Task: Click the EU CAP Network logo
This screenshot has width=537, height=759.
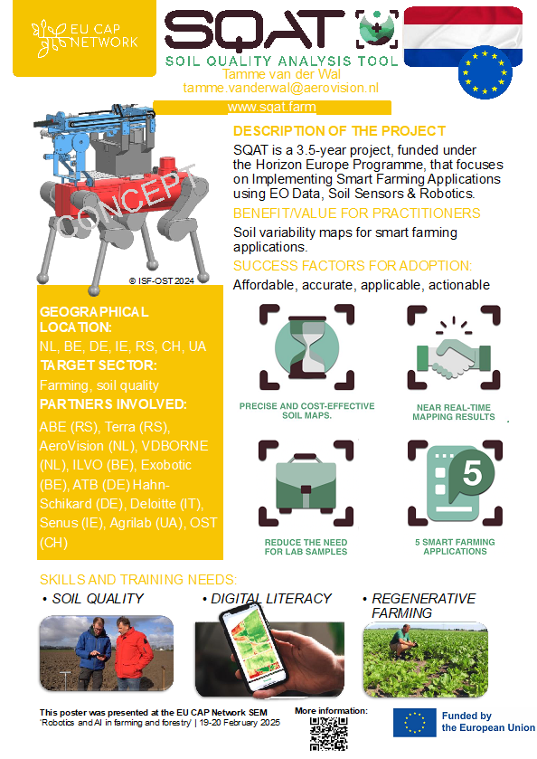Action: tap(85, 37)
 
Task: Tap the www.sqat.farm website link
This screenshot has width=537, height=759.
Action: tap(272, 107)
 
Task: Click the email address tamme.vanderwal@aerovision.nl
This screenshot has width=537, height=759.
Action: tap(280, 88)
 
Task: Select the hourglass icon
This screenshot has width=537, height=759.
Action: tap(306, 346)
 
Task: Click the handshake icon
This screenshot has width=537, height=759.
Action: tap(454, 356)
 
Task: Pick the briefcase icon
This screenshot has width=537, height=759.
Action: tap(306, 480)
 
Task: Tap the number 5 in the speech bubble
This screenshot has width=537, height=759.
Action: tap(472, 472)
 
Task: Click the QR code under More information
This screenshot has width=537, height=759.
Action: tap(329, 734)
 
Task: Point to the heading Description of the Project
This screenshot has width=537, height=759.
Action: tap(339, 131)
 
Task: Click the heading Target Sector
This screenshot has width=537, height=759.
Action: tap(99, 365)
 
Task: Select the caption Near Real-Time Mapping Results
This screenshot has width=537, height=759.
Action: tap(454, 413)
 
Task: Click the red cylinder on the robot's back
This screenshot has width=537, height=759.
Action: tap(168, 166)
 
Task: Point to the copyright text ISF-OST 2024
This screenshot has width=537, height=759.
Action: tap(162, 280)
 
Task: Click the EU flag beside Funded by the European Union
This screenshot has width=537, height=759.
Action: tap(415, 723)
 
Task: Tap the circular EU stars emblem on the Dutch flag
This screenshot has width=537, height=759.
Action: tap(485, 72)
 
